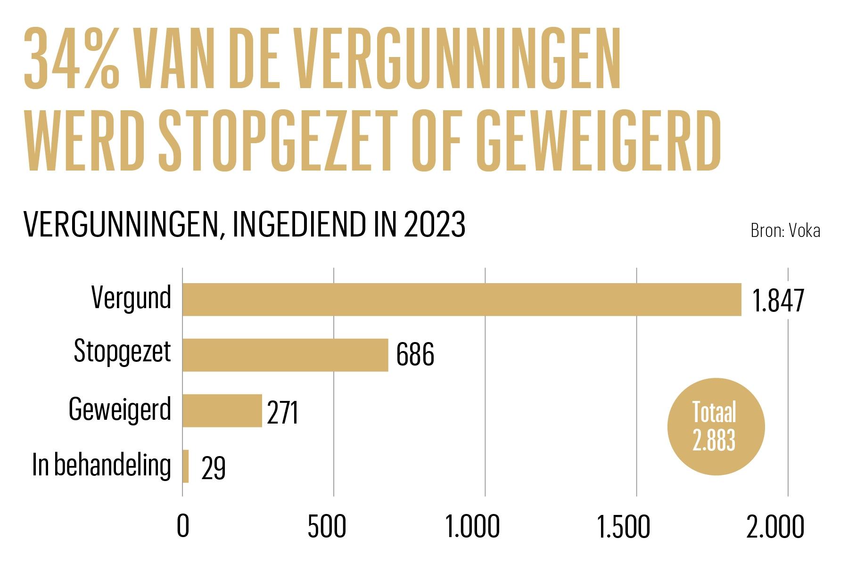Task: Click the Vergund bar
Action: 461,299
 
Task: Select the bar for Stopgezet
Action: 285,355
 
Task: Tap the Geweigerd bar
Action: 222,410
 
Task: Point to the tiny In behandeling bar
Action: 186,466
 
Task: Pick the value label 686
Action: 415,355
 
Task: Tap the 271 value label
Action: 282,413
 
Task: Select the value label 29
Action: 213,468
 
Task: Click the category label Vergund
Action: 131,298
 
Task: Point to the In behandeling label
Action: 101,465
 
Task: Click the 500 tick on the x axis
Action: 327,527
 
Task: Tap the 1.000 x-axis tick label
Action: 473,527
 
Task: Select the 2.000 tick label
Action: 775,527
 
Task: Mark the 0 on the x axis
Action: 182,527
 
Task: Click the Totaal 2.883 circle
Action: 716,426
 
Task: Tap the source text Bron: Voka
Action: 785,231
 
